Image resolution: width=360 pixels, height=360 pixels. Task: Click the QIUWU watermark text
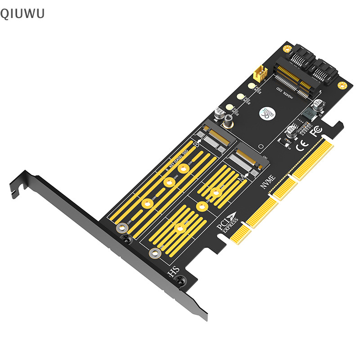pos(22,13)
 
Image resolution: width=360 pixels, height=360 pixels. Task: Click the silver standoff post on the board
pos(229,120)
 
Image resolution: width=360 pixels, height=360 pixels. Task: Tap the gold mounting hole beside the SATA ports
pos(343,84)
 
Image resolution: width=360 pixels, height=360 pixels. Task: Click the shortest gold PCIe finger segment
pos(238,234)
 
